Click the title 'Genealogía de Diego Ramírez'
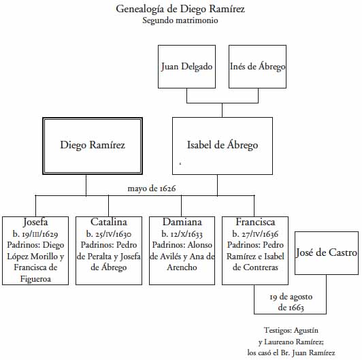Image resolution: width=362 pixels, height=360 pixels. (180, 10)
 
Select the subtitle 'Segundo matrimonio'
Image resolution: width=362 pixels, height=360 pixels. (180, 20)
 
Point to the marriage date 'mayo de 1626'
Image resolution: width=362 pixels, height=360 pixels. (152, 189)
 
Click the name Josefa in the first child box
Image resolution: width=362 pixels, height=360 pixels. (35, 222)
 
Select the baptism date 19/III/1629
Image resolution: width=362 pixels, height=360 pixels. (35, 234)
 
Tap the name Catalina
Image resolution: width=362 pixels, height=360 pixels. (109, 222)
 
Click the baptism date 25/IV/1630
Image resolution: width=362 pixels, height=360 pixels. (109, 234)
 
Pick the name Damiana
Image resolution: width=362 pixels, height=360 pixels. (182, 222)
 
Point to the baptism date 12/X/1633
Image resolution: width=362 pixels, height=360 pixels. (182, 234)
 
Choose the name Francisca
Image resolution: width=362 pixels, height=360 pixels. (255, 222)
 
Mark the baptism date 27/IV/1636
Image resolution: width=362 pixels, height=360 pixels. (255, 234)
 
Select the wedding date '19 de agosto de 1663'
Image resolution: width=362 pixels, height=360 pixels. (291, 302)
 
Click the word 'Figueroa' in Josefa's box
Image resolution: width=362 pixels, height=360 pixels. (35, 279)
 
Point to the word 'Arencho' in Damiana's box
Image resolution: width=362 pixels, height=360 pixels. (182, 267)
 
